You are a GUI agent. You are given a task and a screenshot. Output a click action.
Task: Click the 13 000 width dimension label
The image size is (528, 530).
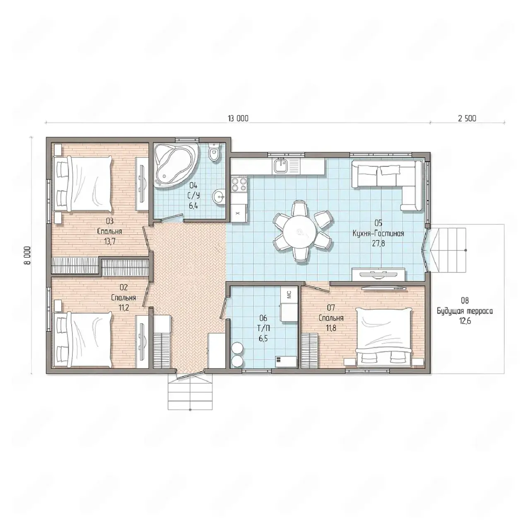(238, 118)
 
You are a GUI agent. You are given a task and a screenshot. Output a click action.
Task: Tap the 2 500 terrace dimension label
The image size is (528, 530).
(467, 118)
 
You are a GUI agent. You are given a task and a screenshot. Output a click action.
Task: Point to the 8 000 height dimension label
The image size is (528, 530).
(27, 255)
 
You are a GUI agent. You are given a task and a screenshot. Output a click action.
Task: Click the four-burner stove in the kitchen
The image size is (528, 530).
(239, 184)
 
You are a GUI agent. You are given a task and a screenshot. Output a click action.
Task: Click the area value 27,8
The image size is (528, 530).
(379, 243)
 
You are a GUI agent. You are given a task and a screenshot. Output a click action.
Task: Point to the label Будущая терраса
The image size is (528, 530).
(465, 311)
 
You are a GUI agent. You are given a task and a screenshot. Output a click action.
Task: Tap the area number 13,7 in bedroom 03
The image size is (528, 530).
(109, 241)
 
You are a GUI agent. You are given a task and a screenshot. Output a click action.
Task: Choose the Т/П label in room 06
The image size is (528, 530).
(263, 328)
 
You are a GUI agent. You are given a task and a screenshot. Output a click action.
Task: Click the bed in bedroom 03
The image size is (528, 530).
(82, 183)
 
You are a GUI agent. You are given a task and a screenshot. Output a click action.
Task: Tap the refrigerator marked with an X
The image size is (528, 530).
(239, 212)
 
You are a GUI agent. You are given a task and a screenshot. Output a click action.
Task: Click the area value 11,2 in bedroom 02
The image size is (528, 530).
(124, 308)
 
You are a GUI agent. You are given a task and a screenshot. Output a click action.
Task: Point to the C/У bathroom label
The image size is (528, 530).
(194, 195)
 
